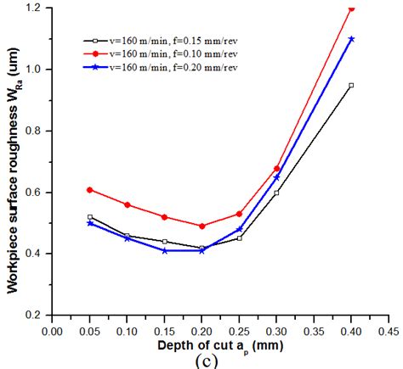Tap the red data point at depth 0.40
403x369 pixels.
tap(351, 9)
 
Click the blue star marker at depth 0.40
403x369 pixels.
tap(351, 39)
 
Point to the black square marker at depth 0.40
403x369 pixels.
tap(351, 85)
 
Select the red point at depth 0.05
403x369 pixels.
tap(90, 190)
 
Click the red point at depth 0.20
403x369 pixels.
tap(202, 226)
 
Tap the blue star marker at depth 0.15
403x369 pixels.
tap(165, 250)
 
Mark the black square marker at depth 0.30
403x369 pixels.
tap(276, 193)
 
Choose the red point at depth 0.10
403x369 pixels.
tap(128, 204)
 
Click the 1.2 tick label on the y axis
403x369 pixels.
tap(37, 8)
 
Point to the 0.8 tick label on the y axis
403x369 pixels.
tap(37, 131)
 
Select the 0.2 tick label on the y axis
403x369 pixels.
tap(37, 315)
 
